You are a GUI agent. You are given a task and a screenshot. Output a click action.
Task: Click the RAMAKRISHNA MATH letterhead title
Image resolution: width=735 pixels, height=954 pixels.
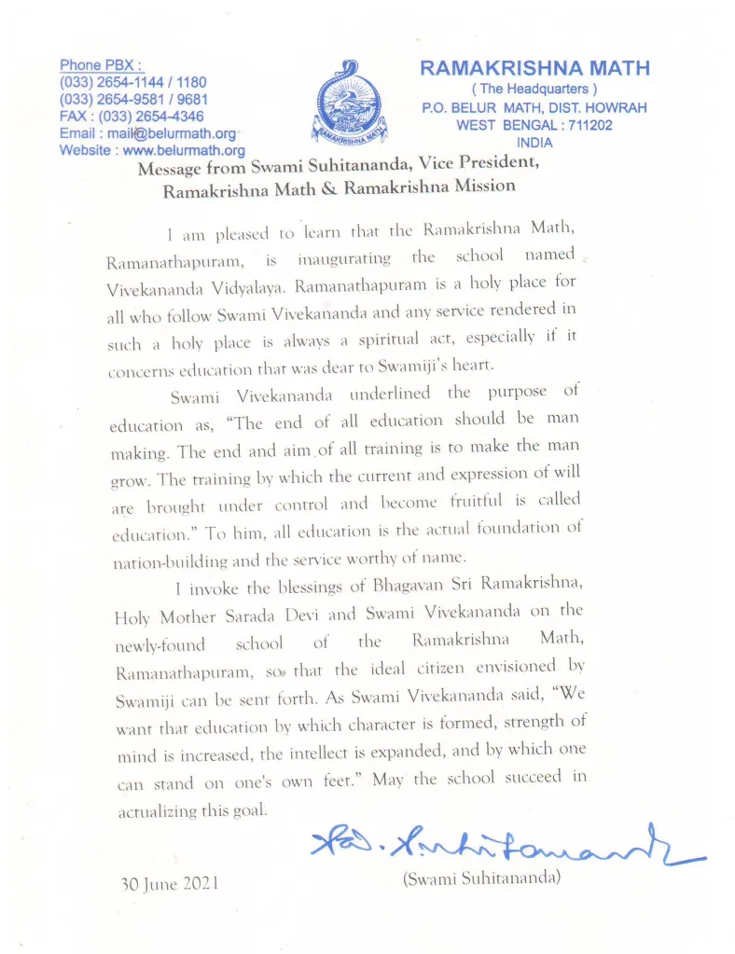click(x=534, y=68)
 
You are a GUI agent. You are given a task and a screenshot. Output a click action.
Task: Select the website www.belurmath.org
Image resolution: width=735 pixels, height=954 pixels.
click(x=184, y=149)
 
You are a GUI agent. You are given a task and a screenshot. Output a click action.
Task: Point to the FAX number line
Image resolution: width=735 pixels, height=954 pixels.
click(x=132, y=117)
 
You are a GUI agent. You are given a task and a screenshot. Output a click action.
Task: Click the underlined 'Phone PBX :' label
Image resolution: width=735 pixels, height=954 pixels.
click(x=101, y=65)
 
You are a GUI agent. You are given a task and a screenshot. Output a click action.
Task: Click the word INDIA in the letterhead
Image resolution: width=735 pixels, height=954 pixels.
click(x=534, y=143)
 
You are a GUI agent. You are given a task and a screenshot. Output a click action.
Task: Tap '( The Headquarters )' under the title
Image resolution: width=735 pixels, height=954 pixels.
click(x=534, y=89)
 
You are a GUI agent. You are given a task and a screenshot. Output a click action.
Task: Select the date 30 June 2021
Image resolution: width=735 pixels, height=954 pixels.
click(x=170, y=883)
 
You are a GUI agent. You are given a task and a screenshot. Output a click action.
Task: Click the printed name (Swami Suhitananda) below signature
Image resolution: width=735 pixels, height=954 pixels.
click(x=480, y=878)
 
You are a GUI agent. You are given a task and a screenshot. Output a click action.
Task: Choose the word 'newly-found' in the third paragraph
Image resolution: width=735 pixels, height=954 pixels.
click(x=152, y=644)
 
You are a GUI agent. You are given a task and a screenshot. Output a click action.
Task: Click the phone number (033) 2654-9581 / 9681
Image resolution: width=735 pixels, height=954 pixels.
click(x=133, y=100)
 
